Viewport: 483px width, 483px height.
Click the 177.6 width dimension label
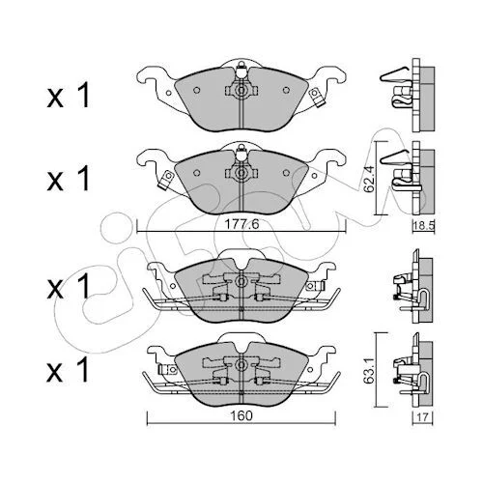[x=241, y=224]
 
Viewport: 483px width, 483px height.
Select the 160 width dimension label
[x=241, y=415]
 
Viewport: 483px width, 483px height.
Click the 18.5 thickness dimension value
[x=424, y=225]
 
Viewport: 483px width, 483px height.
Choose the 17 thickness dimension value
[x=423, y=417]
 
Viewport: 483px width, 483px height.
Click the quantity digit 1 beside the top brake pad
[x=83, y=96]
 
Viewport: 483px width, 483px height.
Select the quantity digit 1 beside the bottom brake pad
[x=83, y=371]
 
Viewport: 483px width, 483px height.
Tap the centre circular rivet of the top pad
[x=241, y=91]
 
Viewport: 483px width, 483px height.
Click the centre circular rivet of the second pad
[x=241, y=173]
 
